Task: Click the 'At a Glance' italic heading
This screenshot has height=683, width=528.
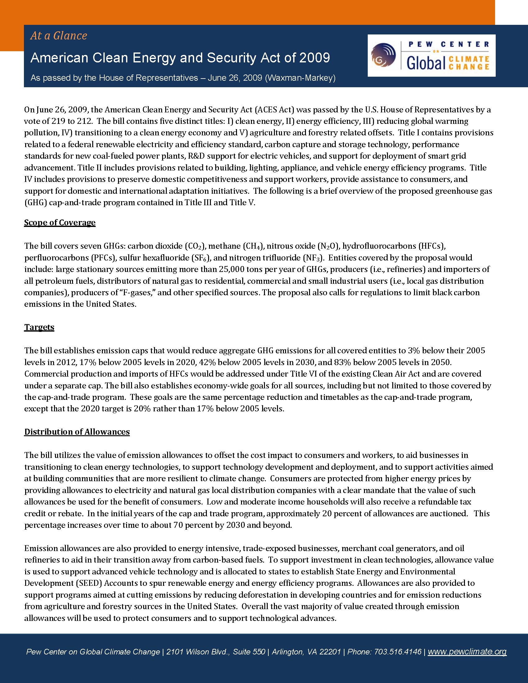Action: tap(58, 36)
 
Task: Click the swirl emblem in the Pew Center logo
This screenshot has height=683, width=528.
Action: tap(383, 55)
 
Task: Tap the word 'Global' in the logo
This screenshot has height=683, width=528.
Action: tap(426, 63)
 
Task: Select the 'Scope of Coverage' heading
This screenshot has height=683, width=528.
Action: tap(60, 222)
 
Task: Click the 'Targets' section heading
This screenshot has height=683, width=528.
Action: tap(39, 327)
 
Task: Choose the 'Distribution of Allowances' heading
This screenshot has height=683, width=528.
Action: tap(77, 432)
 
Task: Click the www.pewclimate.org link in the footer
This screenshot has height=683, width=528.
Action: tap(467, 651)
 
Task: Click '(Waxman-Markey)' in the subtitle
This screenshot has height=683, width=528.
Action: tap(300, 78)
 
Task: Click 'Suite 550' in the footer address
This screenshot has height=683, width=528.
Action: tap(249, 652)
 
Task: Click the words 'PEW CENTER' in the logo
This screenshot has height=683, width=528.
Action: tap(448, 44)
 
